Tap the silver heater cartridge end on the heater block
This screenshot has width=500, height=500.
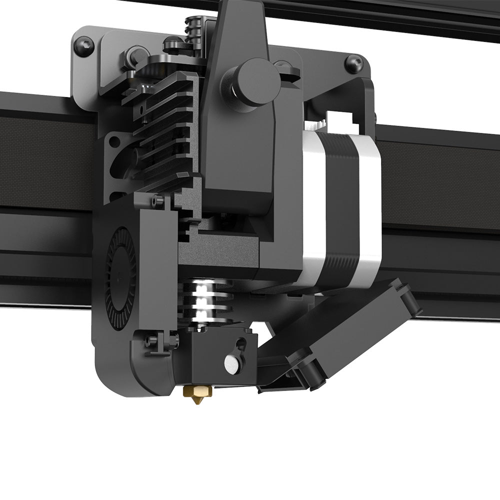point(230,363)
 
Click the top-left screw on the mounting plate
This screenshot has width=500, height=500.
point(82,45)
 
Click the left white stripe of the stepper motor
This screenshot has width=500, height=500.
point(313,200)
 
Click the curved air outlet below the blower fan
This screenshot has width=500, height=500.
point(150,375)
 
